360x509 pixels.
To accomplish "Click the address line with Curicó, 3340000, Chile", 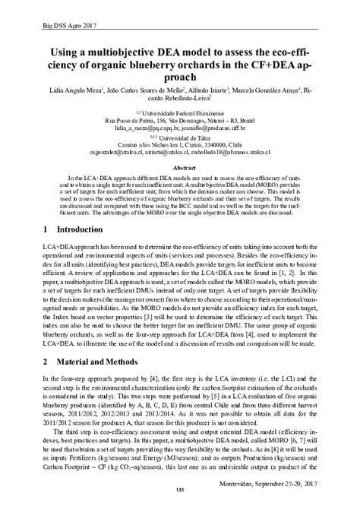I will pyautogui.click(x=179, y=144).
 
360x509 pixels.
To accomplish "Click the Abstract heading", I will pyautogui.click(x=179, y=167).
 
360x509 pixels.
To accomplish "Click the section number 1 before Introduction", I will pyautogui.click(x=46, y=228).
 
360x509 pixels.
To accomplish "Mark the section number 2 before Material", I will pyautogui.click(x=46, y=362).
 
